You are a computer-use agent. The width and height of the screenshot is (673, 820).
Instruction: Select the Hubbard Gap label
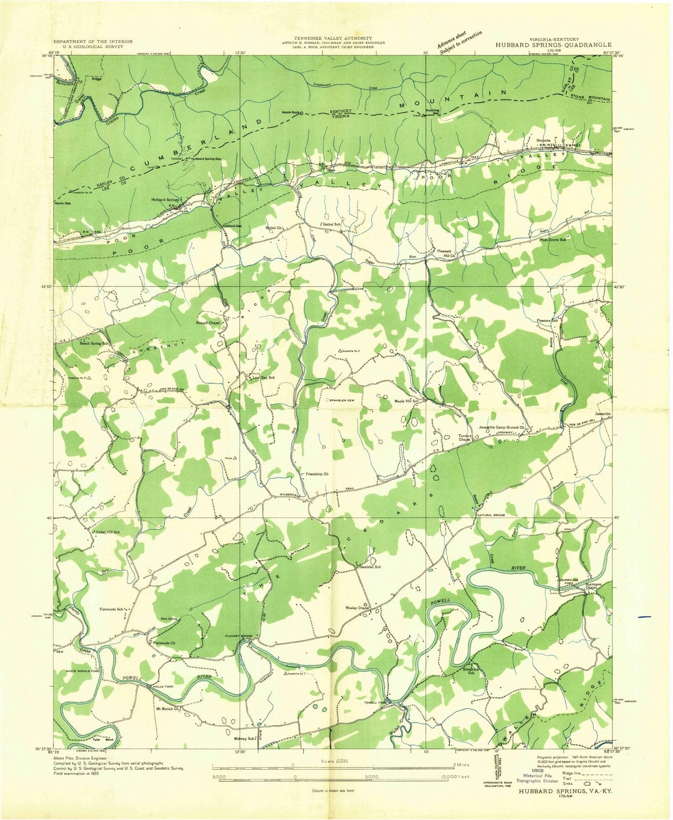tap(232, 226)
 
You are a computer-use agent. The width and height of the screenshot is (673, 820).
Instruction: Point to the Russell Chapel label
tap(208, 323)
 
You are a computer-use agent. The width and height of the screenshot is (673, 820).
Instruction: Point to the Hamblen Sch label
tap(370, 567)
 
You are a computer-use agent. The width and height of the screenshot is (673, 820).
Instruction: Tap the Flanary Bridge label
tap(238, 636)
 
